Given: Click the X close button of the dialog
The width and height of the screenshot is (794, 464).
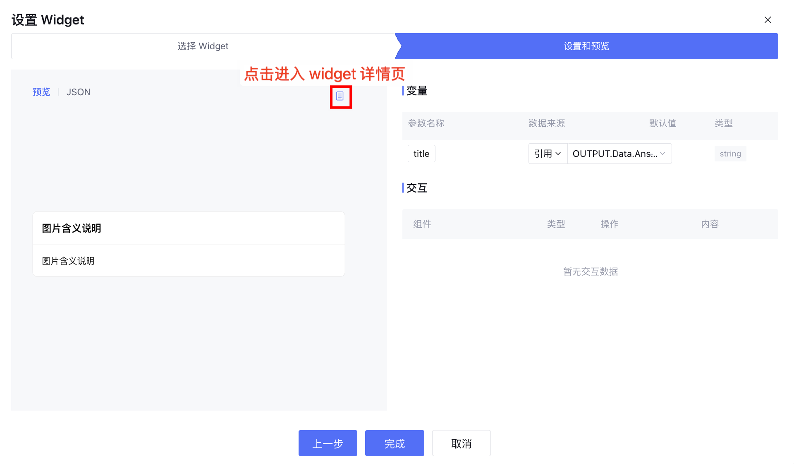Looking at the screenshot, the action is (768, 20).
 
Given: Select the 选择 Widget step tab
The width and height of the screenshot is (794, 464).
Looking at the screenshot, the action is (203, 46).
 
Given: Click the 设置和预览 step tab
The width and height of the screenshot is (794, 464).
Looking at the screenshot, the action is (586, 46).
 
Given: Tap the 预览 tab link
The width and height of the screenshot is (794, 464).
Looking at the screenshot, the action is (41, 92).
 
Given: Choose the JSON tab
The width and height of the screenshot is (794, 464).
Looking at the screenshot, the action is (78, 92).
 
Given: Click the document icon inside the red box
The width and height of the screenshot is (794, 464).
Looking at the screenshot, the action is (340, 96).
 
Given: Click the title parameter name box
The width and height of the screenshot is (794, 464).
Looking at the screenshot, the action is (421, 154).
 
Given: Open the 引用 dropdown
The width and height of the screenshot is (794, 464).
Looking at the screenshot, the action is (548, 154).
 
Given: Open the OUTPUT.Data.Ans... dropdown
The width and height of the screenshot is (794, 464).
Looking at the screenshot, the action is (619, 154).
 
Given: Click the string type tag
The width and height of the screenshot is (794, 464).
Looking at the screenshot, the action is (730, 154).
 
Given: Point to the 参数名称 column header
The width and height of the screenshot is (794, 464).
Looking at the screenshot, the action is (426, 123).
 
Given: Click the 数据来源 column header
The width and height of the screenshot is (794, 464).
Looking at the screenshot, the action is (547, 123).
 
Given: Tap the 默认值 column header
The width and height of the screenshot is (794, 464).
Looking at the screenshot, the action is (662, 123).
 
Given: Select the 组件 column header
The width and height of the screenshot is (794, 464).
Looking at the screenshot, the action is (422, 224).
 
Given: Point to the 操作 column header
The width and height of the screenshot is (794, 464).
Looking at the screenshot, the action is (610, 224).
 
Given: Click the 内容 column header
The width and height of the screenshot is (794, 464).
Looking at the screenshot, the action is (710, 224).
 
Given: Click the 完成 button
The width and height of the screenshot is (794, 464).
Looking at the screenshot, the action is (395, 443).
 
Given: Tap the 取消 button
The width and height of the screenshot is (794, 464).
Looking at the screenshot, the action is (462, 443).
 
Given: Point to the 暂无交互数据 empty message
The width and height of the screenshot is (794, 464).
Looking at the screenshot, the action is (591, 272).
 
